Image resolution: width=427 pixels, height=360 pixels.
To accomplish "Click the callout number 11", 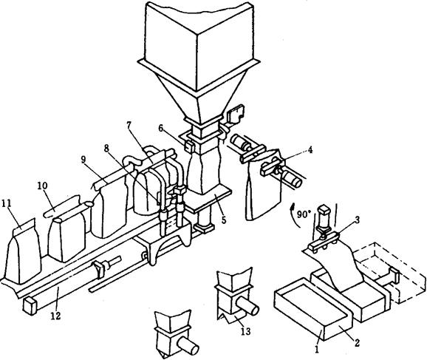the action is (7, 203).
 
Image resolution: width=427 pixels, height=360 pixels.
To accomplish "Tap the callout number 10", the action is (43, 186).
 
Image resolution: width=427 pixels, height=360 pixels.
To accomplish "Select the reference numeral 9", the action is (84, 160).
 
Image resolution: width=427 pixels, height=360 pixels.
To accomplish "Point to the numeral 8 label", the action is (106, 149).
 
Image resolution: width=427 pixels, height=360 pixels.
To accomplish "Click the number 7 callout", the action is (129, 126).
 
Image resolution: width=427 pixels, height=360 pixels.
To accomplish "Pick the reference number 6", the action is (161, 129).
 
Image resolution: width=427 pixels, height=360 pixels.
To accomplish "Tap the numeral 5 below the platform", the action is (224, 220).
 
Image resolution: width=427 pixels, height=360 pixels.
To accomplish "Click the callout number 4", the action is (310, 149).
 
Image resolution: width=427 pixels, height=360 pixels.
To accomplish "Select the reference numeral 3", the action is (357, 220).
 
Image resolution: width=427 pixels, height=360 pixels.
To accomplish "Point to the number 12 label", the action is (55, 316).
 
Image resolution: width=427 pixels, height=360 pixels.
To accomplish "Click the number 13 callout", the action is (245, 331).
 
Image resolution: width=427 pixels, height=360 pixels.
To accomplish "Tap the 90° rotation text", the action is (304, 215).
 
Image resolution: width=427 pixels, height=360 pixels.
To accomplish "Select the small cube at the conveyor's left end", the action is (30, 306).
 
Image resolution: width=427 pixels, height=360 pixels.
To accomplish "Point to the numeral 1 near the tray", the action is (316, 350).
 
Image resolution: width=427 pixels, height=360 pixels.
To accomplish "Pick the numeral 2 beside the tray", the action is (357, 342).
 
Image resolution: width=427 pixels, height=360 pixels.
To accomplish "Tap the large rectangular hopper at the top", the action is (199, 47).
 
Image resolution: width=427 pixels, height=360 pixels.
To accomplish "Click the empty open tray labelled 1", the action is (313, 308).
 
